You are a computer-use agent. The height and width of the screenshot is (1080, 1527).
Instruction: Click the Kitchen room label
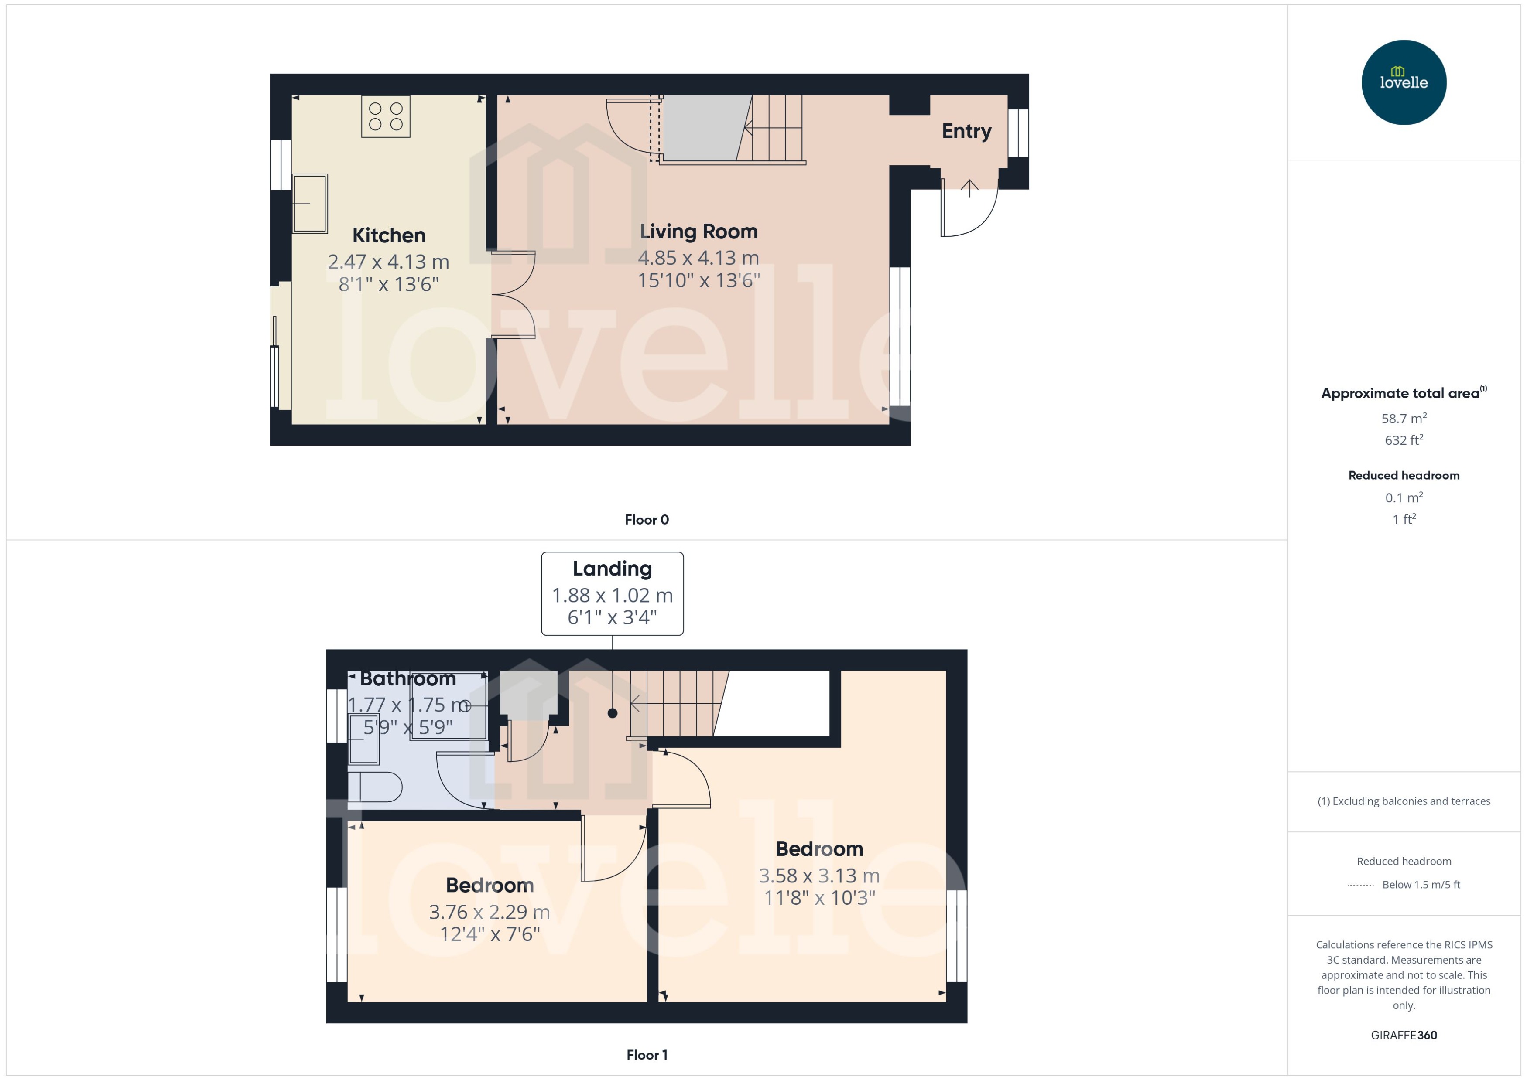(x=389, y=235)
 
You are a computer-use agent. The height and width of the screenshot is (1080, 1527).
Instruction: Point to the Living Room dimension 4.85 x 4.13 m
(x=698, y=258)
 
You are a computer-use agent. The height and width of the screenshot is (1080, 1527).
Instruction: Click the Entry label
(x=966, y=131)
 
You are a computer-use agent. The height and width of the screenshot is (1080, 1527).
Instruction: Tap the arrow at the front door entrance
(x=969, y=188)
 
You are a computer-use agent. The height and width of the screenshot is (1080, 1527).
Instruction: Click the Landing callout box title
(x=612, y=569)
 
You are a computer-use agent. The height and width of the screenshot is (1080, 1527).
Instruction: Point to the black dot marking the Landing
(x=612, y=713)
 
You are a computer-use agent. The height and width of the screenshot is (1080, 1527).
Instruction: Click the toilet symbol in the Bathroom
(x=375, y=787)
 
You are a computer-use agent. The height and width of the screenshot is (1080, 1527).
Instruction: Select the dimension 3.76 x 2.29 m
(x=489, y=912)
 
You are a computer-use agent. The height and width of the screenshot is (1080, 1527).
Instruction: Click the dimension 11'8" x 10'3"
(x=819, y=898)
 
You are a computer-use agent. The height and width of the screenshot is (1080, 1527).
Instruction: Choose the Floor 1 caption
(x=646, y=1055)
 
